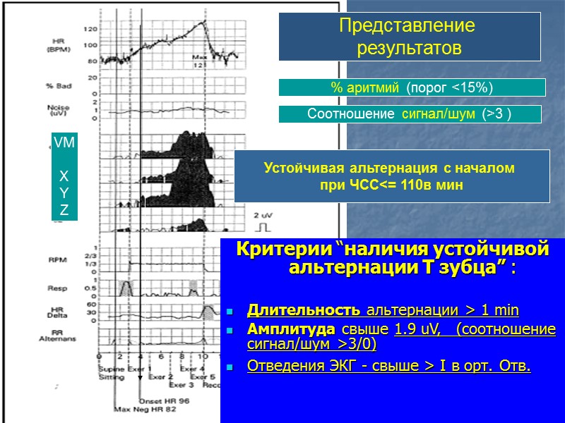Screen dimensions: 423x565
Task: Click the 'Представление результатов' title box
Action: (x=409, y=37)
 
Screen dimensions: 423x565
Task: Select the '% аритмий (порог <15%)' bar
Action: (x=412, y=87)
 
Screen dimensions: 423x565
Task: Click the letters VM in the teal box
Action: (x=64, y=142)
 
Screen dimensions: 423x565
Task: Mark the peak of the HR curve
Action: (x=206, y=22)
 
